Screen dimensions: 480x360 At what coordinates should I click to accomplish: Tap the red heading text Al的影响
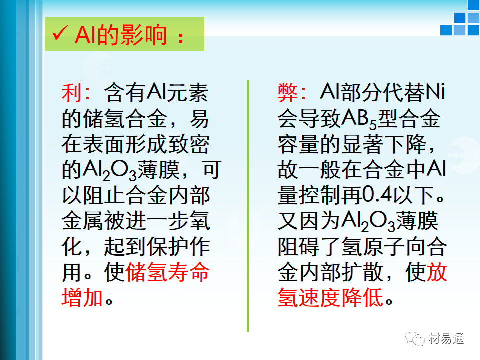pos(121,35)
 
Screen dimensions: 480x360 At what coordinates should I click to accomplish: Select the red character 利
pos(72,93)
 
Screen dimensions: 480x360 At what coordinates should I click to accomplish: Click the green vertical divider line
pos(248,205)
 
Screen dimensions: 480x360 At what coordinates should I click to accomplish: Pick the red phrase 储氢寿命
pos(167,272)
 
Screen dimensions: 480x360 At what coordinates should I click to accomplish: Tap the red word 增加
pos(82,297)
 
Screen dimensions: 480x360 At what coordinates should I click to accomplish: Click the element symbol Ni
pos(435,92)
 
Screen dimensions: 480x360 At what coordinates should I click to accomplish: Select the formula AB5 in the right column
pos(359,119)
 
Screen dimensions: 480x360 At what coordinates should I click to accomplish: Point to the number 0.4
pos(377,194)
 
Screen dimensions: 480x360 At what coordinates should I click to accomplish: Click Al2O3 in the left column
pos(110,170)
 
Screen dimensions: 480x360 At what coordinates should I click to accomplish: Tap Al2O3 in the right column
pos(369,221)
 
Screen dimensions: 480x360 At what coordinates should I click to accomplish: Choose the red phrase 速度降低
pos(341,297)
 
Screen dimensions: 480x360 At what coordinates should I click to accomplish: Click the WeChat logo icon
pos(415,338)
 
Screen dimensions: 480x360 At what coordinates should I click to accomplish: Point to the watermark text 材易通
pos(446,338)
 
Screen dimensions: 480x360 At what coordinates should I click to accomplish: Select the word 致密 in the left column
pos(188,144)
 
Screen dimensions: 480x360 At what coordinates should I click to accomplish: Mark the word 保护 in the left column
pos(168,246)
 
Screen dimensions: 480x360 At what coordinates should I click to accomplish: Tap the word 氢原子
pos(373,246)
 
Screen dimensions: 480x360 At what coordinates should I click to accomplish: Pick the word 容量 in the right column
pos(298,144)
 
